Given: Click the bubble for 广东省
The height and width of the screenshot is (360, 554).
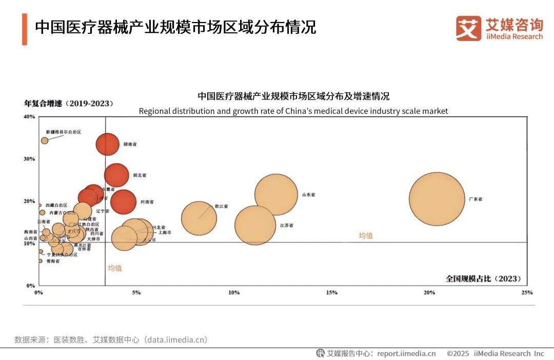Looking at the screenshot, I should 437,199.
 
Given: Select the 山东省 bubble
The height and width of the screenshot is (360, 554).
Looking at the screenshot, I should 276,194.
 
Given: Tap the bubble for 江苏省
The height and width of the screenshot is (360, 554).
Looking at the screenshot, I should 255,225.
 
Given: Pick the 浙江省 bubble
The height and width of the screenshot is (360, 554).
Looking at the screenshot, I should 199,218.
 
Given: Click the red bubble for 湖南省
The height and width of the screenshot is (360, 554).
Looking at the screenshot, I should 107,144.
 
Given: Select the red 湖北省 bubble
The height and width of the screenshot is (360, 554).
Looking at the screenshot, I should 116,175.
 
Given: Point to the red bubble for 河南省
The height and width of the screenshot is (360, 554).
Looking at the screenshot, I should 123,202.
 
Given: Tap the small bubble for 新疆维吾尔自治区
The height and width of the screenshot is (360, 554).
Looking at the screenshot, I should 45,141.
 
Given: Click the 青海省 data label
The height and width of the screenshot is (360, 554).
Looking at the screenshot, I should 52,261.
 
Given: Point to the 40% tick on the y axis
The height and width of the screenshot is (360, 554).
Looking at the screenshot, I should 29,116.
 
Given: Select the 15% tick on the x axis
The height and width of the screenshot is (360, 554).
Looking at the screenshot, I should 331,292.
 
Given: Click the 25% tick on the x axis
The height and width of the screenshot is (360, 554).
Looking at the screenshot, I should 526,292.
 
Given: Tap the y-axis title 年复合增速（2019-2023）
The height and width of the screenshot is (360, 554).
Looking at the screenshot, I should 69,104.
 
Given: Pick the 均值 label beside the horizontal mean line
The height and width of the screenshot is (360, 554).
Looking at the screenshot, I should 366,235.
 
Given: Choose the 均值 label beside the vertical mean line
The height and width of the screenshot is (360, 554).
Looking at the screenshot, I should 115,268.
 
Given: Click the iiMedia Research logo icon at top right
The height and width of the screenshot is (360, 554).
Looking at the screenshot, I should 468,28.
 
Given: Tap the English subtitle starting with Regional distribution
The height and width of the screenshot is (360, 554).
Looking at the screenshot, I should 293,111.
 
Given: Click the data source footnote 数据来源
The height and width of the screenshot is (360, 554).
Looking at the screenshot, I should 111,339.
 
